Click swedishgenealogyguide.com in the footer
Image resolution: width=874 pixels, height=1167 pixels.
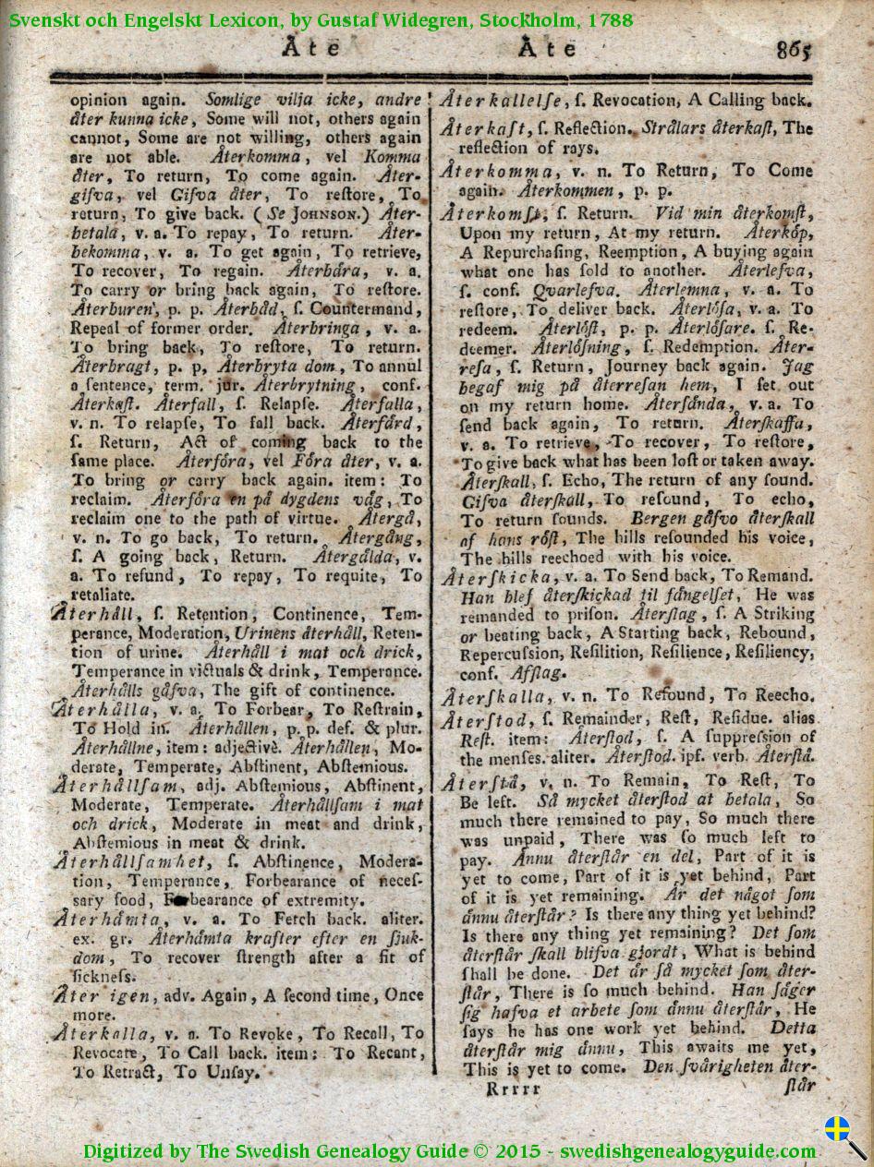(687, 1150)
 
